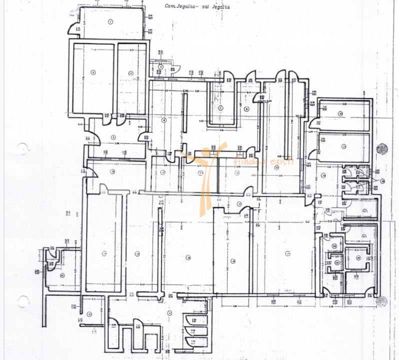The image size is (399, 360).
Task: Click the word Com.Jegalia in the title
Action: click(179, 6)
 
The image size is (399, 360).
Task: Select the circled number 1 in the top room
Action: click(110, 21)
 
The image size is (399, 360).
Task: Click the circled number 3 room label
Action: click(130, 73)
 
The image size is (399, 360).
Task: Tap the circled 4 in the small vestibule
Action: click(161, 66)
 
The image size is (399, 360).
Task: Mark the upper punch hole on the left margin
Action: click(22, 148)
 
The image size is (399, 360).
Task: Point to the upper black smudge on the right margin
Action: click(382, 148)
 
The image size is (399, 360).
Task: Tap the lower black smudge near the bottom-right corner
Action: click(382, 301)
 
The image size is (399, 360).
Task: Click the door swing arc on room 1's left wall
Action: click(73, 27)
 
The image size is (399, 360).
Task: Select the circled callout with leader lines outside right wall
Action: click(382, 181)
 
